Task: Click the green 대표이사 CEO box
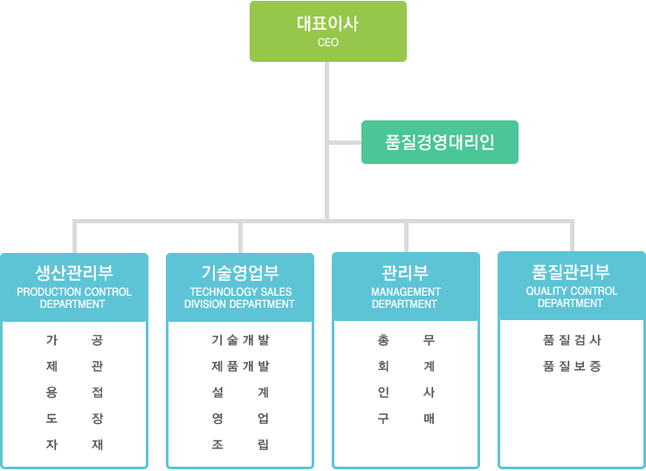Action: click(x=328, y=31)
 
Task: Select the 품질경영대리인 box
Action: click(x=440, y=142)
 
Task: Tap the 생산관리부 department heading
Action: click(x=74, y=272)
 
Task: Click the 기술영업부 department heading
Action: click(x=240, y=272)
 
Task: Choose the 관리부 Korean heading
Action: click(x=405, y=272)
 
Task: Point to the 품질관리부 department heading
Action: click(x=571, y=272)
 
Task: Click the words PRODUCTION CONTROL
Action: click(x=74, y=292)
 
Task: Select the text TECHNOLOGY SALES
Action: click(x=241, y=292)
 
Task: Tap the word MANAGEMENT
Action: click(x=406, y=292)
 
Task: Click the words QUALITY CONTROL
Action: click(x=572, y=291)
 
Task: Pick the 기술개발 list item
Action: click(x=240, y=340)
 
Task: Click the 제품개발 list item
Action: click(x=240, y=366)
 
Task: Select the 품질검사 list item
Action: click(x=572, y=340)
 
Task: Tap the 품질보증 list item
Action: click(x=572, y=366)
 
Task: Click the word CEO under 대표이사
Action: click(x=328, y=43)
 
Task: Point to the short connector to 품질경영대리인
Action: click(x=345, y=142)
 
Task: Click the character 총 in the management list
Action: click(x=383, y=340)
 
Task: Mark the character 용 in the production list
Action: click(x=52, y=392)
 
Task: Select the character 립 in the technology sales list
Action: click(x=264, y=445)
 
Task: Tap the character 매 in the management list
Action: click(x=429, y=419)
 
